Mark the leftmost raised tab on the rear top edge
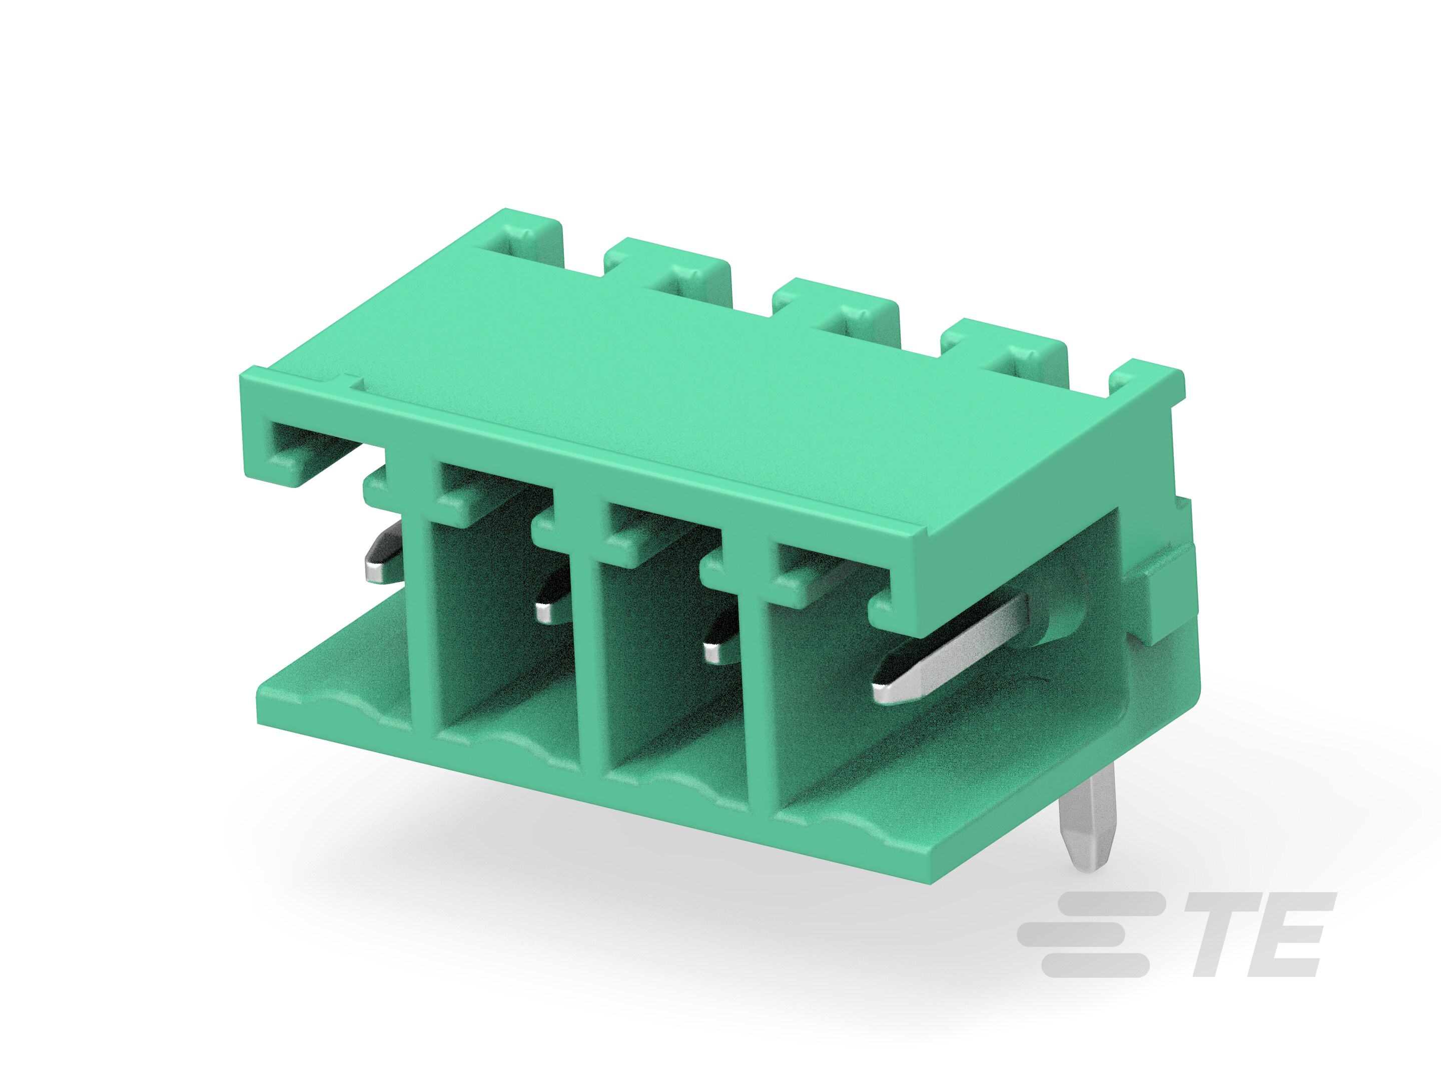pyautogui.click(x=521, y=235)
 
